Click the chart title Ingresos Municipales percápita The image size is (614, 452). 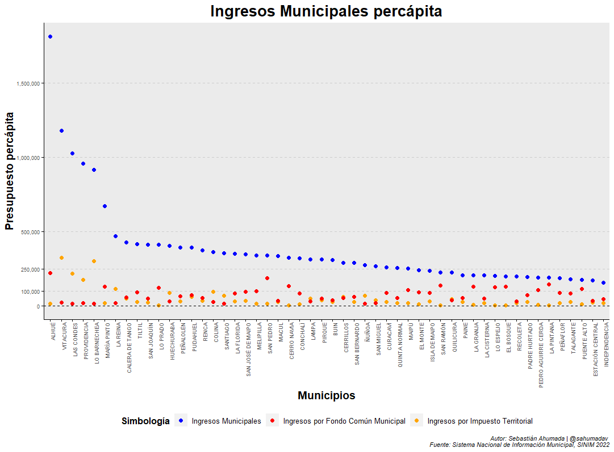(326, 11)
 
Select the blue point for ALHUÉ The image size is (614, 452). (50, 37)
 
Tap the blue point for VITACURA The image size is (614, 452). (61, 131)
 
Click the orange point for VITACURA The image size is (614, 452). (61, 258)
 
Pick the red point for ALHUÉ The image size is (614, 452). (50, 273)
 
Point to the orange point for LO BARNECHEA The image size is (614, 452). (94, 261)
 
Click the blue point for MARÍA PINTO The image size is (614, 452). (105, 206)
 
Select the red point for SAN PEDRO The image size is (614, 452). (268, 278)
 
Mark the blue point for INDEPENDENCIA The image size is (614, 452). (603, 282)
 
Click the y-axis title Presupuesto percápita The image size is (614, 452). (9, 171)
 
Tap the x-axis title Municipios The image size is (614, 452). (327, 396)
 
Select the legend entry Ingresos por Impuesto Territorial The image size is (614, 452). (479, 421)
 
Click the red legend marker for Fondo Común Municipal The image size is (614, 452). (273, 421)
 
